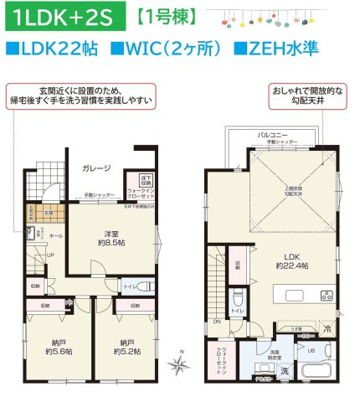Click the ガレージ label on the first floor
pos(96,168)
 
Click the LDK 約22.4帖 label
pos(291,260)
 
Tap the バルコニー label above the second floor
pos(274,134)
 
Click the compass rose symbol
pos(179,364)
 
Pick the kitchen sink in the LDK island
pos(297,295)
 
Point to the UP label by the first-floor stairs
pos(50,255)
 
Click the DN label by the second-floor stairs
pos(217,322)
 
